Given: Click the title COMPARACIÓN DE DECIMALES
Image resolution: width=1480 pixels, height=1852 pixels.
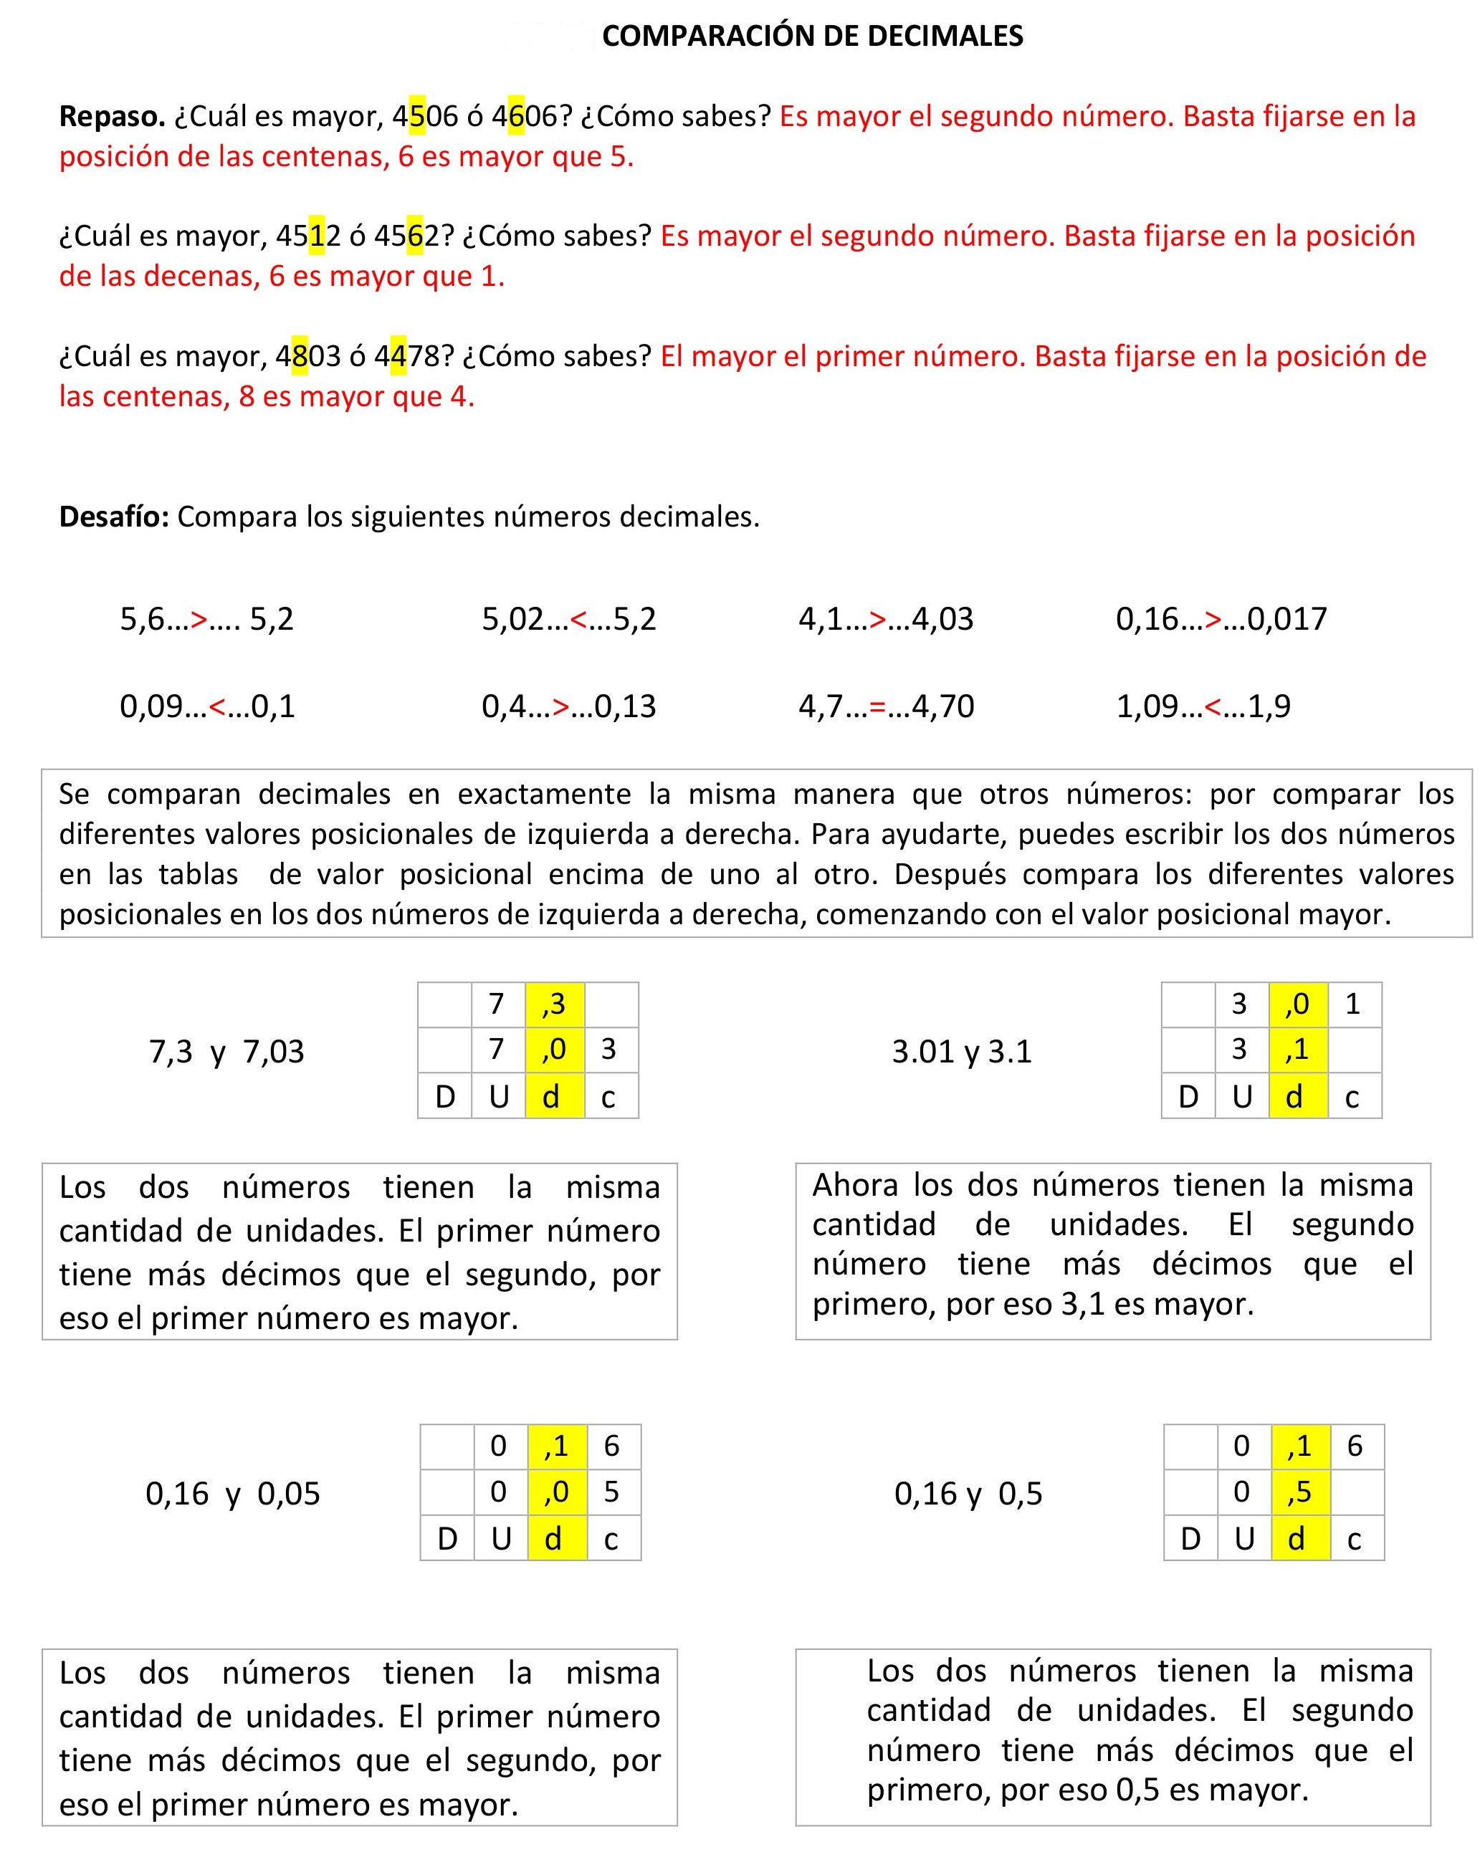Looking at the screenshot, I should (x=811, y=36).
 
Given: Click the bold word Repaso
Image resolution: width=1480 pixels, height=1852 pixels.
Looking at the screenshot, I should (x=112, y=116).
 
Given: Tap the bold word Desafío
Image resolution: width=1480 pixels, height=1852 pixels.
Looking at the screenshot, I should (x=113, y=517).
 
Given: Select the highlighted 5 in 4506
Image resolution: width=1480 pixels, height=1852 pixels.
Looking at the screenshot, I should (x=418, y=116).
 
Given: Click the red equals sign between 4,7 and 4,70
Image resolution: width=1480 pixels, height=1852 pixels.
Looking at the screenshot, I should (x=877, y=706).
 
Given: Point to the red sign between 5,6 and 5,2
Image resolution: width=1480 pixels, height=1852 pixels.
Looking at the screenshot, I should (x=199, y=618).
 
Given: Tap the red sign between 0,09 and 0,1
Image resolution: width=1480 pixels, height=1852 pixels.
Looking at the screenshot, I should (x=217, y=706).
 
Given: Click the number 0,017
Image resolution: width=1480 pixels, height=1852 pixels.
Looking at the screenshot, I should (x=1286, y=618).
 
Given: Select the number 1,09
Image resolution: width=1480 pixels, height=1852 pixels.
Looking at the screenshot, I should (x=1147, y=706).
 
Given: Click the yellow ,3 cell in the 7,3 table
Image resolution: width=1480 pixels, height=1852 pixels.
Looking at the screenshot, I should (x=554, y=1003).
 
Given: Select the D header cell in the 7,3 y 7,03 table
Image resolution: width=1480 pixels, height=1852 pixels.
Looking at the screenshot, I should (x=445, y=1097).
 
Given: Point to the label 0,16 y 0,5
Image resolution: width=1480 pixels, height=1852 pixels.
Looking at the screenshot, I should (x=968, y=1493).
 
